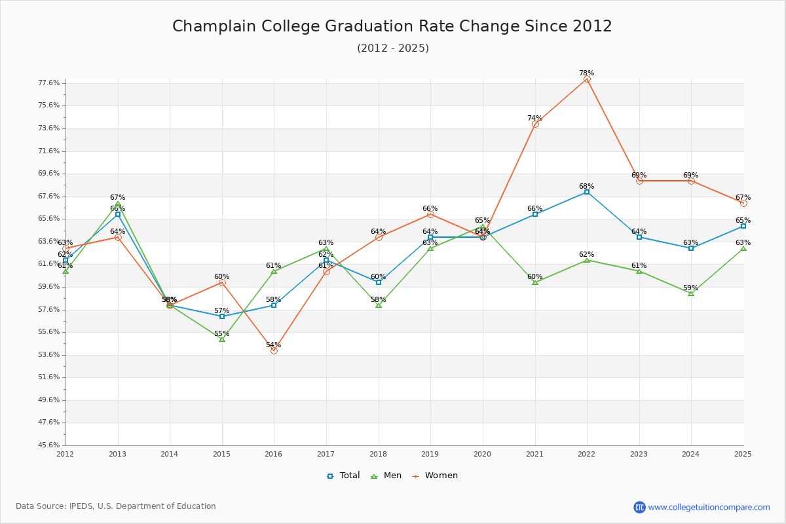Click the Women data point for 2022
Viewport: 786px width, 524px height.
(587, 79)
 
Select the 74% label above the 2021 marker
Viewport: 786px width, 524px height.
(534, 119)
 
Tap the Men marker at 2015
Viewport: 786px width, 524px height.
(222, 339)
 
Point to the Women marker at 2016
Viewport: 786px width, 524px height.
(274, 350)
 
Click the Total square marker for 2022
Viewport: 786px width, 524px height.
(587, 192)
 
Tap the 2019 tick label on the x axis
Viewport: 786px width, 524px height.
(430, 453)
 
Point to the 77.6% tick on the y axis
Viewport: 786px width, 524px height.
(50, 83)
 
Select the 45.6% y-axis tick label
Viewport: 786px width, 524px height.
(50, 445)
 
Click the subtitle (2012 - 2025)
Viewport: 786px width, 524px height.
(393, 48)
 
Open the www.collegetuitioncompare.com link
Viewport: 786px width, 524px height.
(709, 507)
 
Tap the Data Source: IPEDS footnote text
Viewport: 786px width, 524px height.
(116, 506)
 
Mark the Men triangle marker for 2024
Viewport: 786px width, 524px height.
(691, 293)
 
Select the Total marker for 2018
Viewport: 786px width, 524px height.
(379, 282)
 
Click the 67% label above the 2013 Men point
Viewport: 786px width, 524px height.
(117, 197)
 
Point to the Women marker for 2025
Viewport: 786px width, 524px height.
(743, 203)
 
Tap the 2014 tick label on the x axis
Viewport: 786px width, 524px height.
(170, 453)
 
